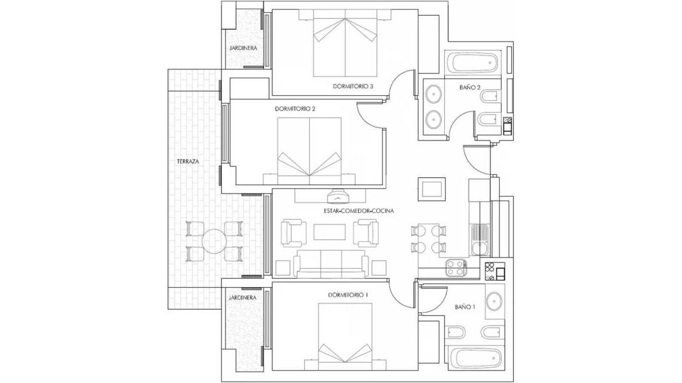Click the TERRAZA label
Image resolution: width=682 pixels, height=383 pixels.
[188, 161]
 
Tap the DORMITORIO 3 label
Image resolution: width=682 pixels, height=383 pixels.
[353, 86]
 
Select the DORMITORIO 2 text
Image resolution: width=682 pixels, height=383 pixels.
[295, 109]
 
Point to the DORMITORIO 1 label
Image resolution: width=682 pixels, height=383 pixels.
[348, 295]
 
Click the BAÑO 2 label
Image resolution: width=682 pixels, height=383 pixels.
[470, 87]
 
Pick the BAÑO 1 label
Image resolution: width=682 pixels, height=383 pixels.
[465, 306]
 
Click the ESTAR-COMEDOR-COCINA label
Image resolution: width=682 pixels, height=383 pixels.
[359, 211]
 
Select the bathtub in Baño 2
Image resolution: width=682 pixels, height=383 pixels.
[474, 63]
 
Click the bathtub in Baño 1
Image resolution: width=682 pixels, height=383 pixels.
[474, 358]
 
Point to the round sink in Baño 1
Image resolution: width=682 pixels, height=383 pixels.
[494, 301]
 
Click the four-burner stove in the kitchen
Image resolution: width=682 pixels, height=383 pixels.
[456, 267]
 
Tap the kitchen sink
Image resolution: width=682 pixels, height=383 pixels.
[479, 239]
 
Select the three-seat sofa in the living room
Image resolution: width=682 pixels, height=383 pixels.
[331, 264]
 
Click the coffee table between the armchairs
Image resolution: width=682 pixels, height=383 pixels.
[330, 232]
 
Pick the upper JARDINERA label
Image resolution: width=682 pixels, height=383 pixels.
[243, 48]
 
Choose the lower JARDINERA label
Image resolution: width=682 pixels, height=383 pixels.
[242, 298]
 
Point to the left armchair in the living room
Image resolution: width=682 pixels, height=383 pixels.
[293, 233]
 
